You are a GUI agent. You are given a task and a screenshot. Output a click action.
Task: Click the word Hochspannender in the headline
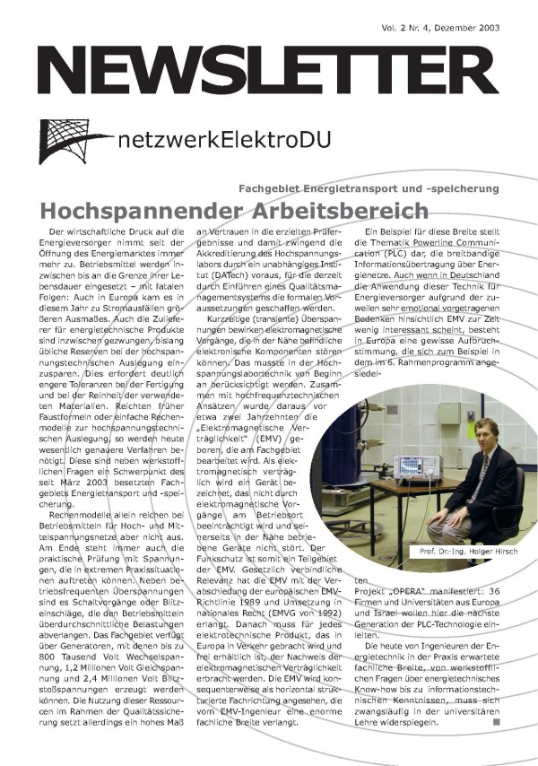point(130,212)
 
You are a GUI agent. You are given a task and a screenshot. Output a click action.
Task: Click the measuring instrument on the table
point(417,466)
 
